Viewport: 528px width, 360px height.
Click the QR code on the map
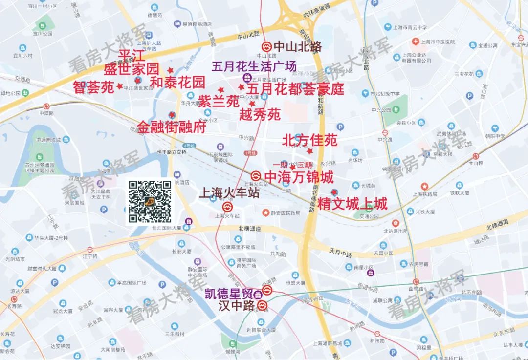150,201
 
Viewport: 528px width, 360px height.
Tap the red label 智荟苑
93,87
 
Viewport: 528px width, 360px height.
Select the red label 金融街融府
171,127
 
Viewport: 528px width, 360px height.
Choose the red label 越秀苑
260,115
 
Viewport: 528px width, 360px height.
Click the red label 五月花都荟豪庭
295,89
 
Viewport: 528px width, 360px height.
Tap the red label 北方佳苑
309,141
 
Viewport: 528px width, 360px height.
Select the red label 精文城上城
352,203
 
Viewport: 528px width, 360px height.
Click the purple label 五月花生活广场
254,66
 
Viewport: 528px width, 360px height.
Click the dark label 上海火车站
228,193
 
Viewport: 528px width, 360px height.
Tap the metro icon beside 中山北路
266,47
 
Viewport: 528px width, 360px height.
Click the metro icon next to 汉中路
263,306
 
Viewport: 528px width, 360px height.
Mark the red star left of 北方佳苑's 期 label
292,167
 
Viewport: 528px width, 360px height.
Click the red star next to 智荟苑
119,86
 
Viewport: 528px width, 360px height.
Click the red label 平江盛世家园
132,62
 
